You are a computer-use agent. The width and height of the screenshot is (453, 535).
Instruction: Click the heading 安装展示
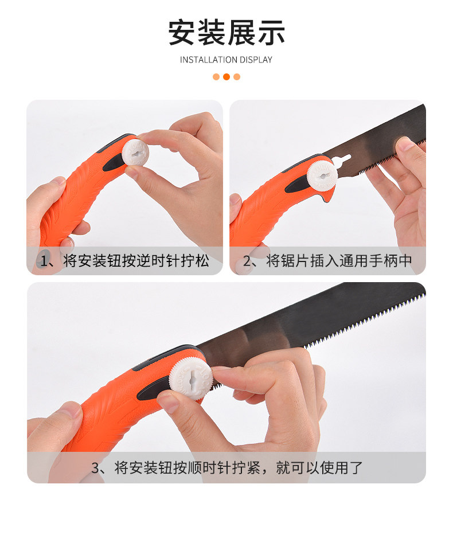(x=226, y=32)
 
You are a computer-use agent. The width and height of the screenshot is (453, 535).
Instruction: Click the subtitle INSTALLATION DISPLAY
(x=226, y=60)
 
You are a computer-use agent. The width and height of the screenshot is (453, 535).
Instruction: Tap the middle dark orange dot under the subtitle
(x=226, y=77)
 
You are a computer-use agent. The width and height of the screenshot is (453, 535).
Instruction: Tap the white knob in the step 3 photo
(x=191, y=378)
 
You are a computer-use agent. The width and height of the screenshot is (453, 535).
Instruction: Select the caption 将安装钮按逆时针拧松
(x=136, y=261)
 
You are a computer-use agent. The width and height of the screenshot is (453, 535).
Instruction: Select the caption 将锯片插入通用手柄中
(x=339, y=261)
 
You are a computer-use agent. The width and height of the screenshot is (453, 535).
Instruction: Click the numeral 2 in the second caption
(x=248, y=261)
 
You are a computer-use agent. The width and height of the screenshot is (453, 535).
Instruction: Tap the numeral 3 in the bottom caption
(x=96, y=467)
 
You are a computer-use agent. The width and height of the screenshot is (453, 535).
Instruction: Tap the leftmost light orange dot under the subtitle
(x=216, y=77)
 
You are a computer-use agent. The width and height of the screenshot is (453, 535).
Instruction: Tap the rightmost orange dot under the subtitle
(x=237, y=77)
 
